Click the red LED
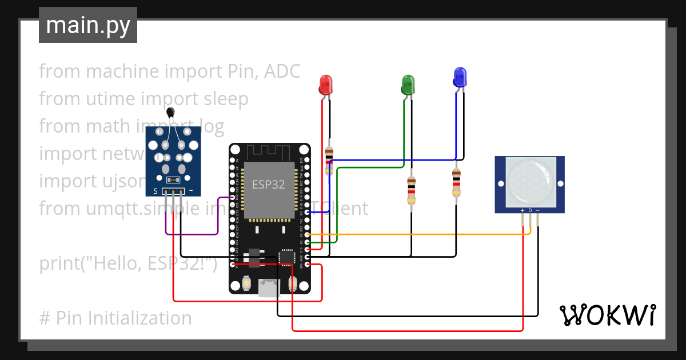tap(325, 85)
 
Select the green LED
tap(408, 85)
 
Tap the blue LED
tap(460, 77)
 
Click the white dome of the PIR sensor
tap(530, 182)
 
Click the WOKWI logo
tap(607, 315)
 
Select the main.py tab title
tap(87, 25)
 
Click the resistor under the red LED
tap(329, 161)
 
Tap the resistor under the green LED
tap(411, 190)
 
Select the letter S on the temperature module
tap(155, 191)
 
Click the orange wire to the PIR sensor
tap(417, 234)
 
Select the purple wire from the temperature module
tap(192, 234)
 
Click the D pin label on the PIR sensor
tap(530, 210)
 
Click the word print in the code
tap(61, 263)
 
